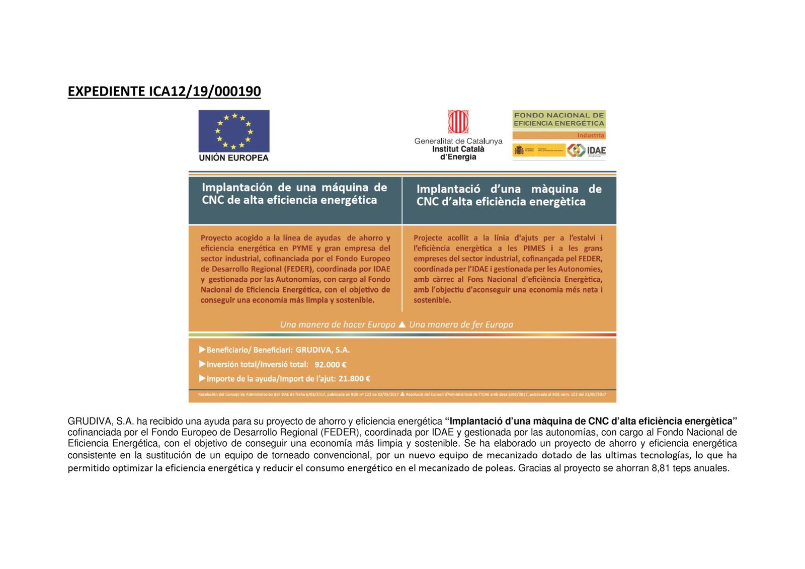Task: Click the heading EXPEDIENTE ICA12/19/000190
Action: pos(164,92)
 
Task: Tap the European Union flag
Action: pos(234,131)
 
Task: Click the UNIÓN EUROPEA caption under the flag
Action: pos(234,158)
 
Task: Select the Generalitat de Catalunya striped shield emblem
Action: pos(458,122)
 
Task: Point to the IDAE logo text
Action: pos(596,150)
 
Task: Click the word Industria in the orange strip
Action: pos(590,135)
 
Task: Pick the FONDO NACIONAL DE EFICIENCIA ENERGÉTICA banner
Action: pos(558,119)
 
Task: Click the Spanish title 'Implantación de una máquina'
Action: pos(294,188)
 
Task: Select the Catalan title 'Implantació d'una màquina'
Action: pos(509,189)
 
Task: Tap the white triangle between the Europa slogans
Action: pos(402,324)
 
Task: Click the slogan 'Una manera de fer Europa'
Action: pos(461,324)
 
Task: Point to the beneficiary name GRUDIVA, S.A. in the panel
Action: pos(323,350)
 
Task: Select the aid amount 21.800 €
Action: pos(354,379)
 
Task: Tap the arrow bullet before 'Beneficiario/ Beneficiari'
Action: pos(202,350)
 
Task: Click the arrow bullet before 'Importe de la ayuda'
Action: pos(202,378)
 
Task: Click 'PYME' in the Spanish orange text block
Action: pos(302,248)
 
